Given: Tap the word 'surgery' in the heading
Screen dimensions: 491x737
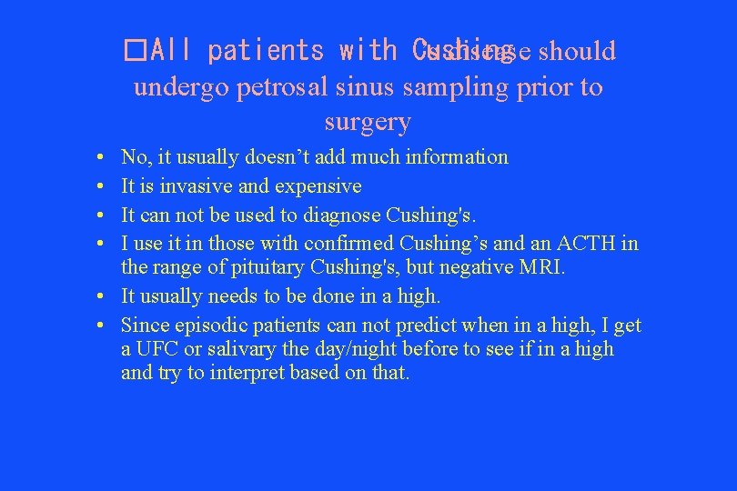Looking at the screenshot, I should click(368, 121).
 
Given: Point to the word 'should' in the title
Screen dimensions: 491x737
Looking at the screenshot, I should click(577, 50).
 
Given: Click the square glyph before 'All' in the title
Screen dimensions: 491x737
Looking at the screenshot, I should click(136, 50).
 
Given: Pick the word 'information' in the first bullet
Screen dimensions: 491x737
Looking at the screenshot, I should click(458, 157).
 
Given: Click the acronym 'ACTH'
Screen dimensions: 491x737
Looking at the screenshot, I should click(589, 244).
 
